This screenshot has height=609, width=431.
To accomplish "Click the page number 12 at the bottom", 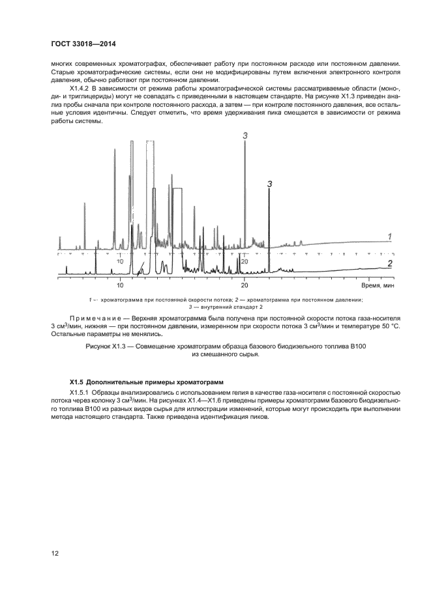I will coord(56,554).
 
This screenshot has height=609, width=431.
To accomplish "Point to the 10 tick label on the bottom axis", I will coord(120,286).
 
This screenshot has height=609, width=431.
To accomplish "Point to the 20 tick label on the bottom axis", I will coord(245,286).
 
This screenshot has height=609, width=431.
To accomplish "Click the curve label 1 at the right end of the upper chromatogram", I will coord(389,236).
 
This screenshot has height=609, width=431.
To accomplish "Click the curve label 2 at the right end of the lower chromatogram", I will coord(389,263).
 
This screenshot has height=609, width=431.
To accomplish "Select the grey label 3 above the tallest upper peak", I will coord(245,135).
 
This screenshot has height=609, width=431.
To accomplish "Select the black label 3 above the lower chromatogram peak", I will coord(269,185).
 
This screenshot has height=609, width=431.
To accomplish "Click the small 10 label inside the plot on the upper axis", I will coord(120,261).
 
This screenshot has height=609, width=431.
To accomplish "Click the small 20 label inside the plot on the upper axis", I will coord(245,261).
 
